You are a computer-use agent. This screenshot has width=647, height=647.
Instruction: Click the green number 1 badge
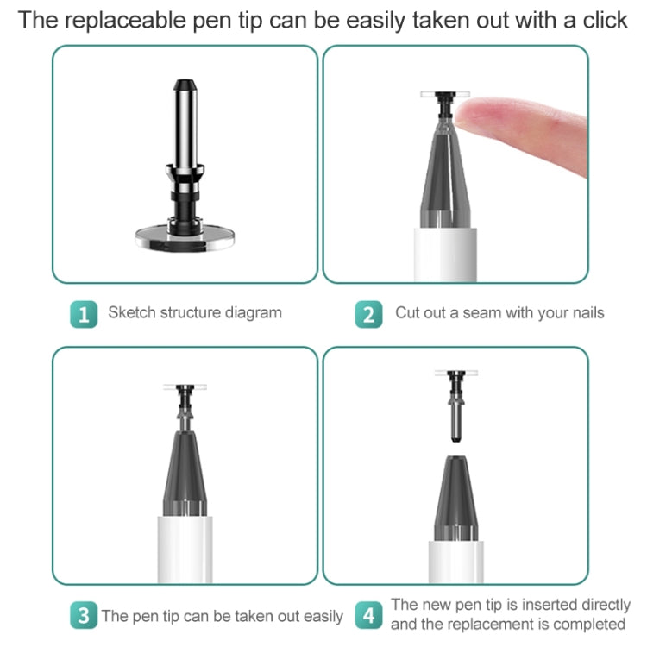[84, 314]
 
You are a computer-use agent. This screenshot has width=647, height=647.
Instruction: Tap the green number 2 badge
[368, 314]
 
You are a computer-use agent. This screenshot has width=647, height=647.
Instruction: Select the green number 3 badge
[84, 615]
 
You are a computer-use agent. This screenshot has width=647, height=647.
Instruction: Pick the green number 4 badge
[368, 615]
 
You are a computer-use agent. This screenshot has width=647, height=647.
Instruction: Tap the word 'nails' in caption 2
[588, 313]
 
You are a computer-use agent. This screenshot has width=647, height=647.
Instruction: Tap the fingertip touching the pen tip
[470, 115]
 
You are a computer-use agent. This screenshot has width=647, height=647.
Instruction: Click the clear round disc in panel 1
[185, 238]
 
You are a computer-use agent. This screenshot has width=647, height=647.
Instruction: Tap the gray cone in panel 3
[185, 474]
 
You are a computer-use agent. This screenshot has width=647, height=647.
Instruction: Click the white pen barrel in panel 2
[445, 255]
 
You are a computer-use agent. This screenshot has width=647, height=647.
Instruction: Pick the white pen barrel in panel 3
[185, 550]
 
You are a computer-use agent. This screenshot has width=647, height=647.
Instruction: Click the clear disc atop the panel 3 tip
[185, 387]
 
